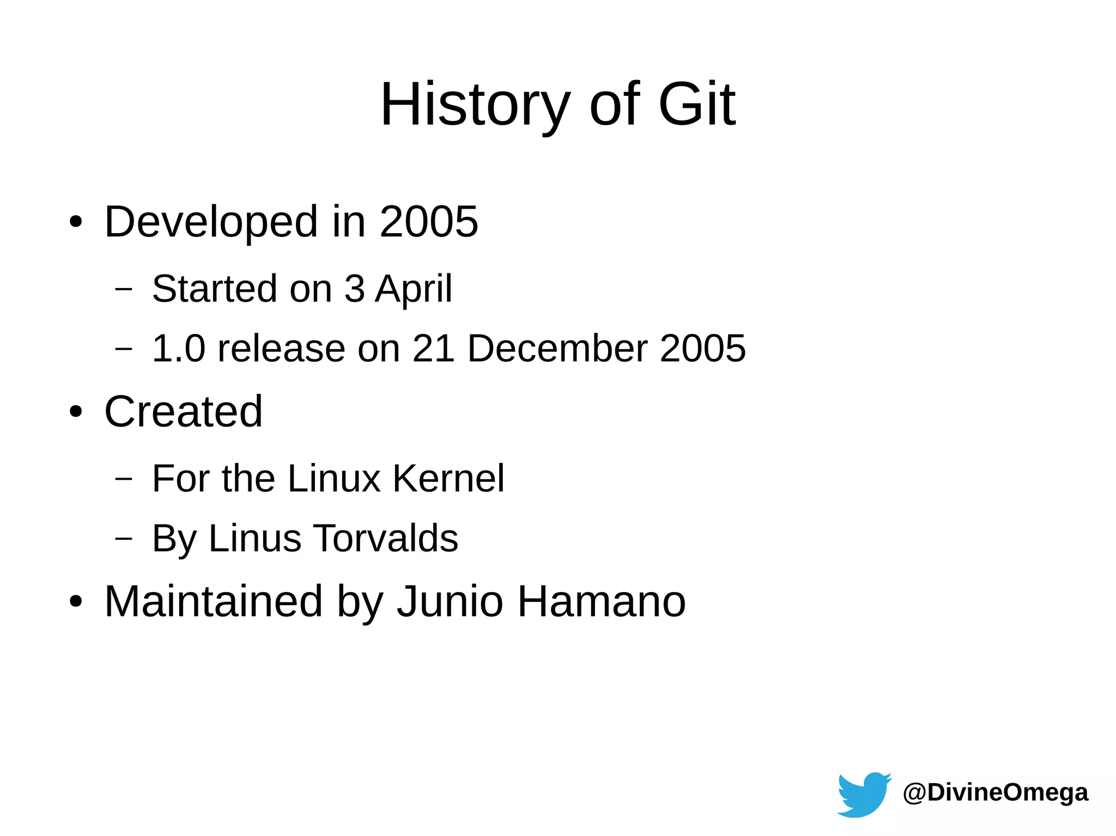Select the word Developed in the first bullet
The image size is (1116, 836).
click(x=211, y=222)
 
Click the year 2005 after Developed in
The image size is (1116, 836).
click(x=429, y=222)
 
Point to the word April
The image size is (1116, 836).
click(x=414, y=289)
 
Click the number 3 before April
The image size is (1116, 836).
click(x=354, y=289)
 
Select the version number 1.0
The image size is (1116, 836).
click(x=178, y=349)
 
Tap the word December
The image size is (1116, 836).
click(x=557, y=349)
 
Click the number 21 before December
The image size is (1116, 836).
click(x=433, y=349)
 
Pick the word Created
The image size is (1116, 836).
click(x=184, y=412)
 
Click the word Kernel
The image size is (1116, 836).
click(x=448, y=479)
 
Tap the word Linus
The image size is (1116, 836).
click(x=254, y=539)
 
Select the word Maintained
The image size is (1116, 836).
click(x=214, y=602)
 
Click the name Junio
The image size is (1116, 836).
click(x=450, y=602)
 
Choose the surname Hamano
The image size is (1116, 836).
click(x=601, y=602)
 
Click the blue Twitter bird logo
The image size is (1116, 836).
click(x=863, y=795)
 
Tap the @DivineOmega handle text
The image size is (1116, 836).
click(x=995, y=792)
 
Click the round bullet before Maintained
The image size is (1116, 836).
click(x=76, y=602)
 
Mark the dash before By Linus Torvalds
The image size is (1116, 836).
click(x=124, y=539)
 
